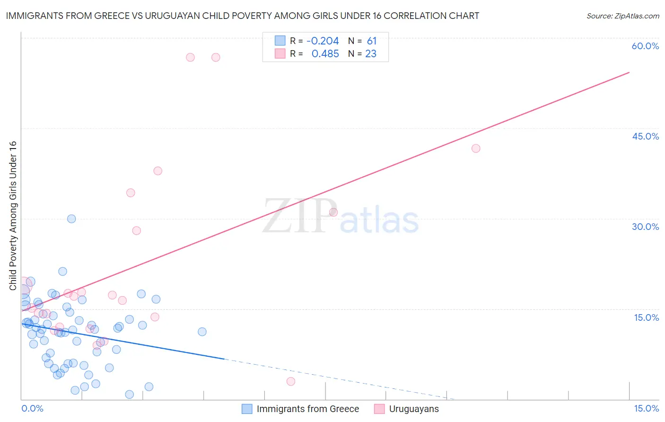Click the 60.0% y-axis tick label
645,46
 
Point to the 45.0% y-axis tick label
645,136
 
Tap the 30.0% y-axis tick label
645,227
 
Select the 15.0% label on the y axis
646,317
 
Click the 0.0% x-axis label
32,409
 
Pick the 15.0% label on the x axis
646,409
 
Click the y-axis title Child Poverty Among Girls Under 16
13,216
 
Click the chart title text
243,16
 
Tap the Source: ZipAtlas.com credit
622,16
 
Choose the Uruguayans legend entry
413,409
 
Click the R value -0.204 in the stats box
323,41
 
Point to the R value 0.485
325,54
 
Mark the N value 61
372,41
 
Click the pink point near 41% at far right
476,149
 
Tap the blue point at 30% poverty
71,219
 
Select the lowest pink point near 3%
291,381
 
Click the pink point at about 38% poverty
158,171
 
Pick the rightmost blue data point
202,332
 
